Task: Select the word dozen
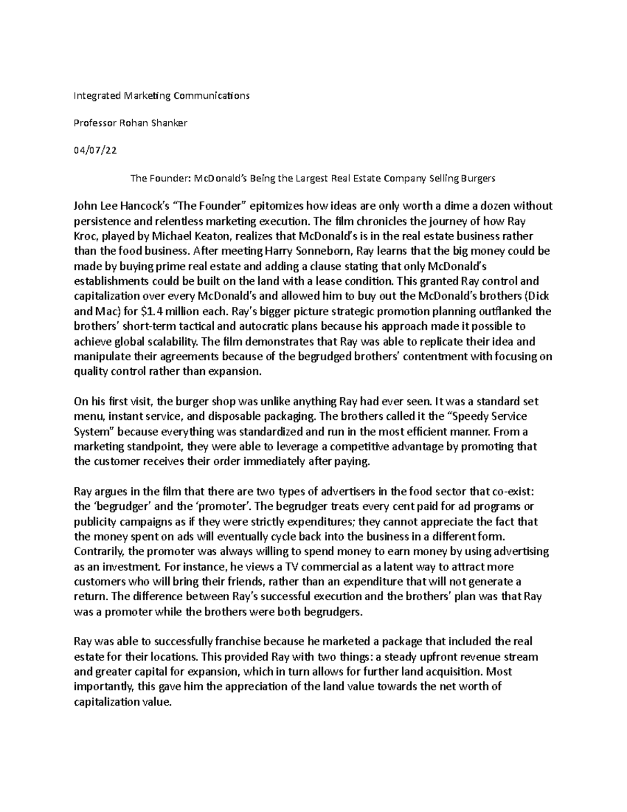coord(494,206)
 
